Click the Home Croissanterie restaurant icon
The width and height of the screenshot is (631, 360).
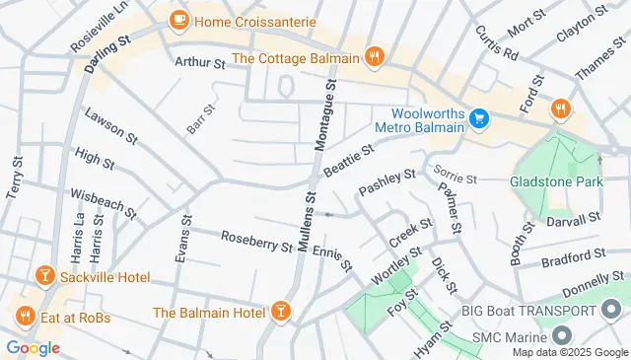pos(178,19)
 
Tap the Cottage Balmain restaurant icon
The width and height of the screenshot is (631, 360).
pos(374,57)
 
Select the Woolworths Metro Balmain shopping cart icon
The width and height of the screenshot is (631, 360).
pos(479,119)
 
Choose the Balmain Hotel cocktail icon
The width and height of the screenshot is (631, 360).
pos(282,313)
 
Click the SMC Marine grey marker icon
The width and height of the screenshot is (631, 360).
pos(561,337)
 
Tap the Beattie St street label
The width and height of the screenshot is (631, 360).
pos(349,161)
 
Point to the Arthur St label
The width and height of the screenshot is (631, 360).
pos(200,61)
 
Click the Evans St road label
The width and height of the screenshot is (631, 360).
pos(181,240)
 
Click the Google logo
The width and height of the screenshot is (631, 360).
pos(33,347)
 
